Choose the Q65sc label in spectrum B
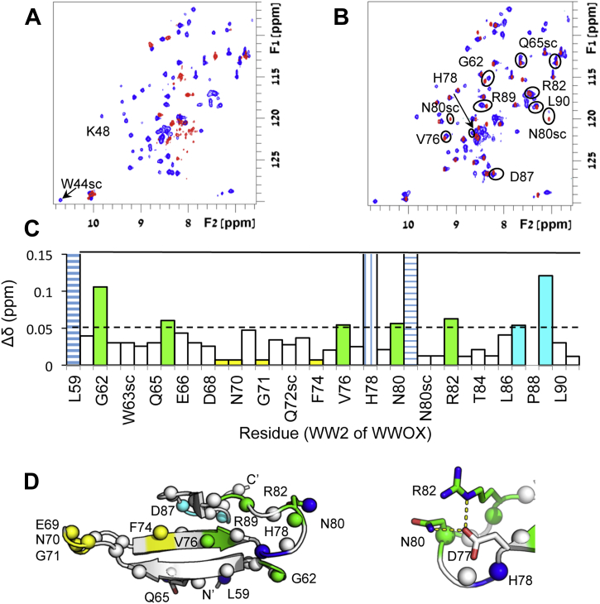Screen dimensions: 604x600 tap(537, 42)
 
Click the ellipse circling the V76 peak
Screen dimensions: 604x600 tap(446, 137)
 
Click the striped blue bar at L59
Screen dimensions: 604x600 tap(73, 309)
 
